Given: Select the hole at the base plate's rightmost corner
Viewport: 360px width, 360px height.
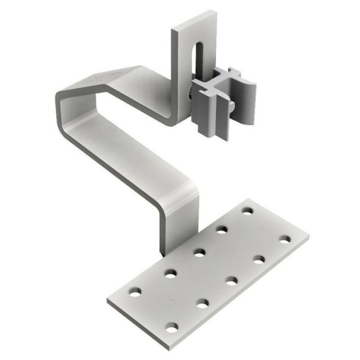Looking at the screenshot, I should click(x=285, y=237).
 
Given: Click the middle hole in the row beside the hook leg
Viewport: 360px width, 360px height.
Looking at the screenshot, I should click(x=199, y=251).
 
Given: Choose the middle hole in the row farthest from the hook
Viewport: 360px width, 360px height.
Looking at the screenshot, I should click(x=232, y=281).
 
